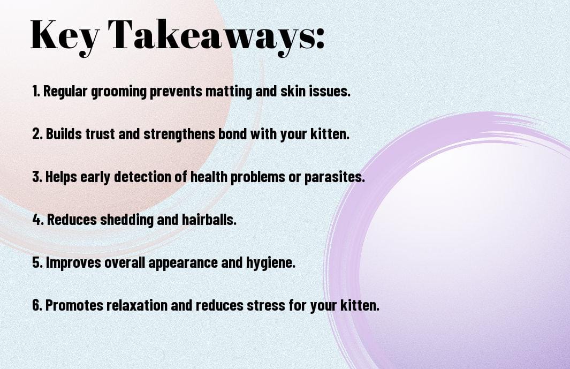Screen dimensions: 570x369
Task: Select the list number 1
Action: (x=36, y=91)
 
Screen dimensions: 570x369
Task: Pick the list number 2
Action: (x=37, y=134)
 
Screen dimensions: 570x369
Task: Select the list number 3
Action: (x=37, y=177)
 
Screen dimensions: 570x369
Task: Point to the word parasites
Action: (x=335, y=177)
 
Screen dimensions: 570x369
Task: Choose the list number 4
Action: (x=38, y=220)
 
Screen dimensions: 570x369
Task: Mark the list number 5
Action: (x=37, y=262)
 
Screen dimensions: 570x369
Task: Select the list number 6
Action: (x=37, y=305)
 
